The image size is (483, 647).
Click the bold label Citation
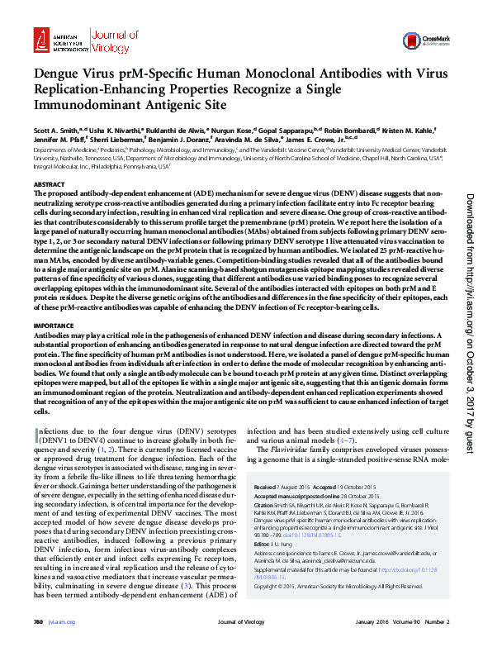click(266, 504)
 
